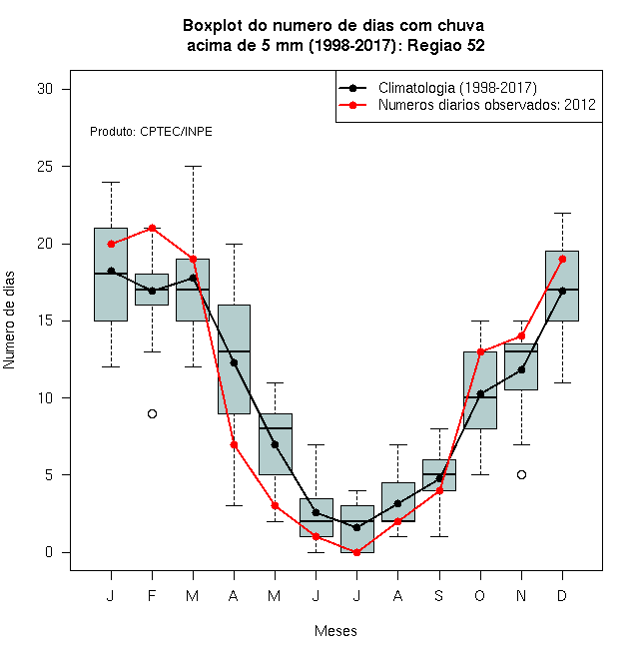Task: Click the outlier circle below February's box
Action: tap(152, 414)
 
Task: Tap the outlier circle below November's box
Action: tap(522, 475)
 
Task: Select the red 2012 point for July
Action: tap(356, 552)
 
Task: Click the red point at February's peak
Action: tap(152, 229)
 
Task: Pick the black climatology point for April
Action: tap(235, 362)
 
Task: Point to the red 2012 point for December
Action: tap(562, 260)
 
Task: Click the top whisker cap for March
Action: tap(194, 167)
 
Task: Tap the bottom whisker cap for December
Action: tap(562, 382)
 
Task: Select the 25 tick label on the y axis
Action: tap(45, 167)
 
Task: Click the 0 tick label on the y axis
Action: tap(49, 552)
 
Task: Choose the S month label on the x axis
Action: tap(439, 595)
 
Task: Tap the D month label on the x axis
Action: tap(562, 595)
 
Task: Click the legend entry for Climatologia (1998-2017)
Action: tap(437, 88)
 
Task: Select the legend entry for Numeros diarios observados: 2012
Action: tap(467, 105)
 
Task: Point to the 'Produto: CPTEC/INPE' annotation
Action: tap(151, 132)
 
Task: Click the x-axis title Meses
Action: tap(335, 631)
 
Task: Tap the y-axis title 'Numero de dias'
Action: tap(9, 321)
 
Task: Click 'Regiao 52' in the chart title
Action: tap(446, 45)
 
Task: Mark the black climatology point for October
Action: tap(480, 394)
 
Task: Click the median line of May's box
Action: tap(276, 428)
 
